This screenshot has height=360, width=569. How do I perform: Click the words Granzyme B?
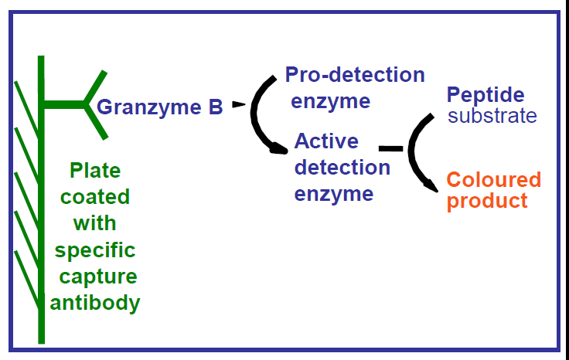click(160, 107)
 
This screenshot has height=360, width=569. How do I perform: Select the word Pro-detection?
click(355, 75)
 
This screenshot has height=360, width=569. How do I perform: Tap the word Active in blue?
click(326, 141)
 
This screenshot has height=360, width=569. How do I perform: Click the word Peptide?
click(486, 95)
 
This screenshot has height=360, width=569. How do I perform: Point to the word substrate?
click(492, 117)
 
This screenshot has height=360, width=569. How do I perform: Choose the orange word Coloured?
click(493, 180)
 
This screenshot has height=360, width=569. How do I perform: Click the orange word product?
click(487, 202)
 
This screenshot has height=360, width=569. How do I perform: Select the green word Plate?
click(95, 170)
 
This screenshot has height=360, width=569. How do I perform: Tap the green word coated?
click(95, 196)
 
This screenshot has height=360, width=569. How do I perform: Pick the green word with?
click(94, 223)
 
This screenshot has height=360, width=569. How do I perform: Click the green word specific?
click(95, 250)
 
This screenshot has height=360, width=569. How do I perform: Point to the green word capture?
click(95, 277)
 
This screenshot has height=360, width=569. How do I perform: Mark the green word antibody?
click(95, 303)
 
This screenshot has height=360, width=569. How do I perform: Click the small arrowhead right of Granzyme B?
click(238, 104)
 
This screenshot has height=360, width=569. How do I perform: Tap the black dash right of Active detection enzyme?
click(391, 148)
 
